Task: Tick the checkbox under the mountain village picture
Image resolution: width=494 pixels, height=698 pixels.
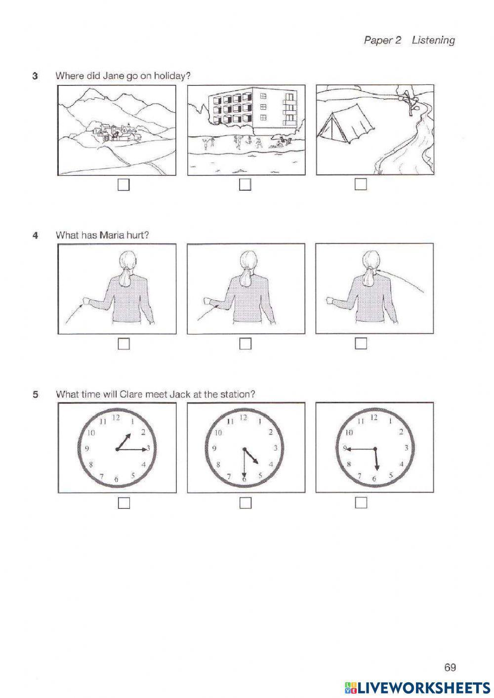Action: click(123, 185)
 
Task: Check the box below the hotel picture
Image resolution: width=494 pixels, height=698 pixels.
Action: click(245, 185)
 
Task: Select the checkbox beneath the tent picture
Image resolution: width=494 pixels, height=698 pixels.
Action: click(361, 184)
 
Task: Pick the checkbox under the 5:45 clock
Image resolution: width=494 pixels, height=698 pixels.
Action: click(361, 502)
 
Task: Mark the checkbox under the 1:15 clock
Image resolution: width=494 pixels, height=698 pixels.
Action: click(123, 503)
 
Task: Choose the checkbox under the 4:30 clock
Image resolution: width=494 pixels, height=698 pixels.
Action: click(245, 503)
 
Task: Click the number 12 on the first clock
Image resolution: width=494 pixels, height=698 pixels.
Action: click(117, 417)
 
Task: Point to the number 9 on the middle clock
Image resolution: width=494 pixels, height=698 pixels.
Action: click(214, 449)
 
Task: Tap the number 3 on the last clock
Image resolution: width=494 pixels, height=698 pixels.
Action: click(406, 448)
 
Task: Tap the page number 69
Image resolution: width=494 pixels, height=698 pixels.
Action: click(450, 667)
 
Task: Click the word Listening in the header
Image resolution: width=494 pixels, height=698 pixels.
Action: click(433, 40)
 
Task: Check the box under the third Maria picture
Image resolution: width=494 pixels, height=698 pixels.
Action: click(361, 343)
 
